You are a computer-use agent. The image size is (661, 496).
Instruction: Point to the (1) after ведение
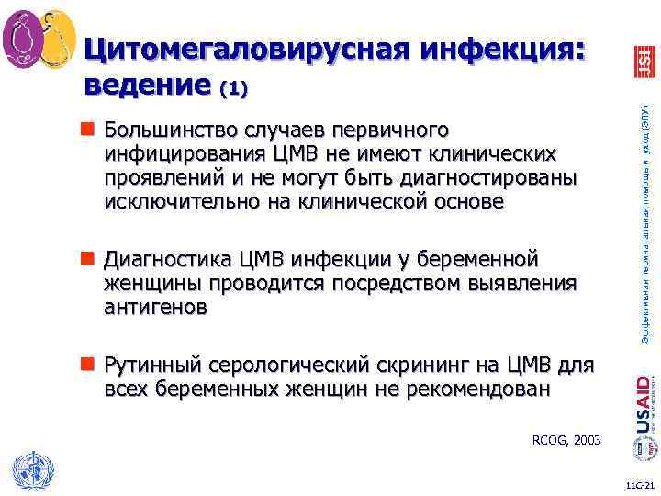(233, 89)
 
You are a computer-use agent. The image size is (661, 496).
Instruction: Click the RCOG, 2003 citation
(566, 441)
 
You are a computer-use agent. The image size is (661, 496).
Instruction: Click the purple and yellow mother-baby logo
(39, 39)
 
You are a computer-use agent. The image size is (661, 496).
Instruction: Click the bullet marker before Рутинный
(92, 366)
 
